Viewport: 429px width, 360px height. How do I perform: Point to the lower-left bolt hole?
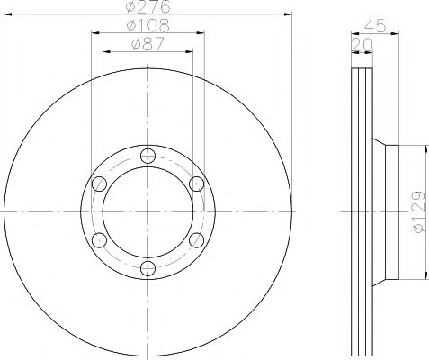point(99,238)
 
